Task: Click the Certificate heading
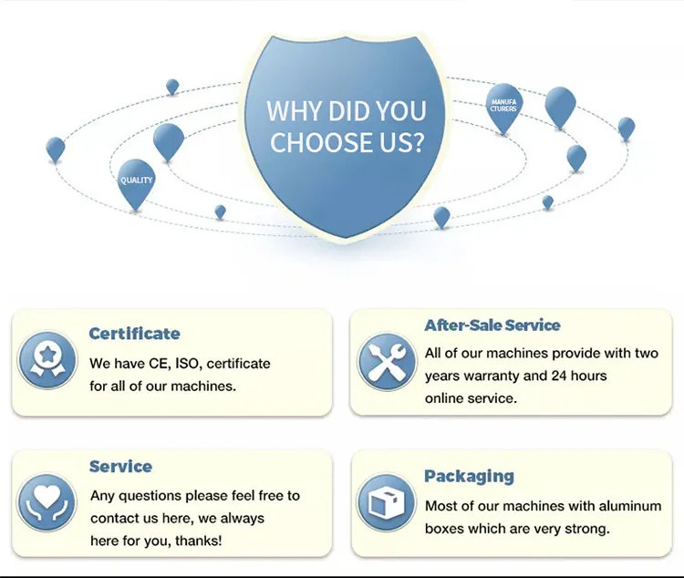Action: [x=134, y=334]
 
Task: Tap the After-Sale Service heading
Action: [x=492, y=325]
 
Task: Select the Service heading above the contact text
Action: [x=120, y=467]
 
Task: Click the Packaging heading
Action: [x=469, y=477]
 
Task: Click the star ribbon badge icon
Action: [x=47, y=360]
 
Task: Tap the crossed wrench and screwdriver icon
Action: [x=387, y=362]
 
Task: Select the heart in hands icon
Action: [x=47, y=502]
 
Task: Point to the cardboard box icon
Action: [x=386, y=502]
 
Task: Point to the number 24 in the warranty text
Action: [x=559, y=376]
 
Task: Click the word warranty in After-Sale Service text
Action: [x=492, y=376]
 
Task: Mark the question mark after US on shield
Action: [x=418, y=142]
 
